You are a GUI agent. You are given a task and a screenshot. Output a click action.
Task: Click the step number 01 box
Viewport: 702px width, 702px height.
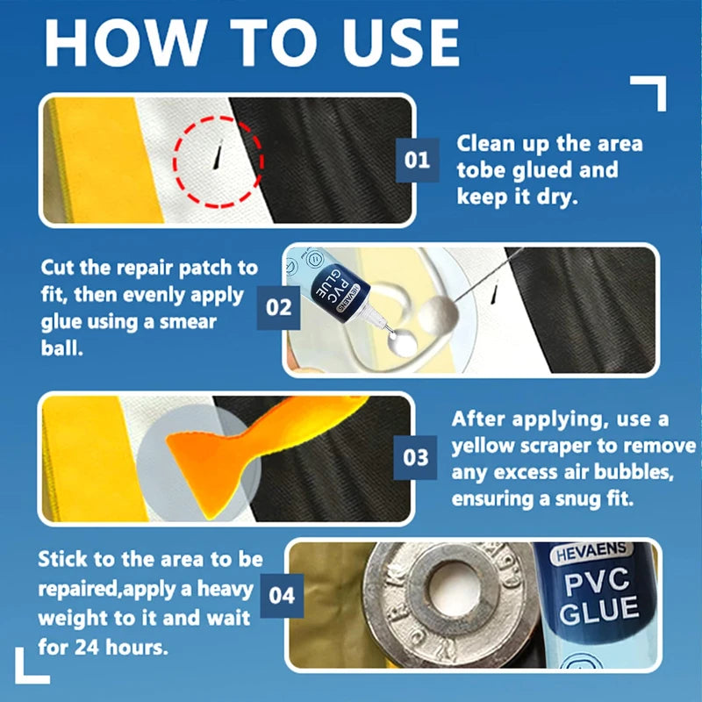418,160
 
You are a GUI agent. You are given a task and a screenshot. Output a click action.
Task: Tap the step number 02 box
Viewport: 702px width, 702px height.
278,308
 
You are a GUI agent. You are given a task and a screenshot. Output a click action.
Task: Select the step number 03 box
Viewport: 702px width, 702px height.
415,457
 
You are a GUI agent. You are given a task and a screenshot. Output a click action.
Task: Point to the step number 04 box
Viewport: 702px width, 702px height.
282,596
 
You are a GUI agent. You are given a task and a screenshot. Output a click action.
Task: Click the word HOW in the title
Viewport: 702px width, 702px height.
126,43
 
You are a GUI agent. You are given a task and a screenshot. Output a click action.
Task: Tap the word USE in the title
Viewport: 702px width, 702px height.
401,43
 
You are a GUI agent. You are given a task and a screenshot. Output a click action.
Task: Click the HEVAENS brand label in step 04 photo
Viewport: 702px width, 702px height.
591,554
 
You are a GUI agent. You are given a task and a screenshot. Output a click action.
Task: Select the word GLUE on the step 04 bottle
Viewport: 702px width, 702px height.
599,611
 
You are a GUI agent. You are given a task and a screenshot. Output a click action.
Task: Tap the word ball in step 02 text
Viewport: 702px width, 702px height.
62,347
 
